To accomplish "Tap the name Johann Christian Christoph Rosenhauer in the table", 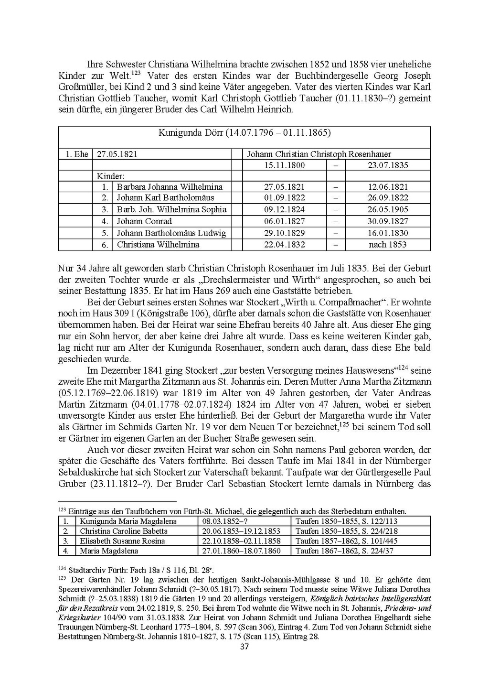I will point(319,154).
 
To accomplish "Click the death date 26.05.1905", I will point(387,209).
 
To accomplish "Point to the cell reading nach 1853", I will point(387,245).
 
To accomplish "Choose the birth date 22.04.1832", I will point(284,245).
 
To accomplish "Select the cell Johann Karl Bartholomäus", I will point(165,198).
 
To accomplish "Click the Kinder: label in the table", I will point(110,176).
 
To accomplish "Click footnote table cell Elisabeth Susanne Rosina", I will point(122,541).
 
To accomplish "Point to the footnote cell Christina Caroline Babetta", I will point(124,531).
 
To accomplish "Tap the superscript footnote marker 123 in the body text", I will point(136,73).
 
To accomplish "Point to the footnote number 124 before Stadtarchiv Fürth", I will point(62,569).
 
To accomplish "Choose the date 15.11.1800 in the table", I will point(284,165).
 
